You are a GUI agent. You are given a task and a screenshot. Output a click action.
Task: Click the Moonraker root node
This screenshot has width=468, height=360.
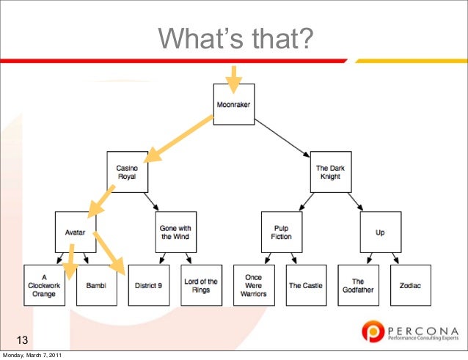coord(233,105)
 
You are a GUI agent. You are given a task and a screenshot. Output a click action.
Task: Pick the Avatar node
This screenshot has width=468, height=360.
coord(75,232)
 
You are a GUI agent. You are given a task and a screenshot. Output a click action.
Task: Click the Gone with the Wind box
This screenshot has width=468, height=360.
coord(175,232)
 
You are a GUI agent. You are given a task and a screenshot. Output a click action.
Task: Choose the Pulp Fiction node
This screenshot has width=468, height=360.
coord(281,232)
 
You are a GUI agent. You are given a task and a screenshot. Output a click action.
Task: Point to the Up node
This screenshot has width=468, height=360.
coord(380,232)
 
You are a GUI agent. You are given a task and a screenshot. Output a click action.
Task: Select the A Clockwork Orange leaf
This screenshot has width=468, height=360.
coord(44,284)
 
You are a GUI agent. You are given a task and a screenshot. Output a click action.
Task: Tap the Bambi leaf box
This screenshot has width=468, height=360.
coord(96,284)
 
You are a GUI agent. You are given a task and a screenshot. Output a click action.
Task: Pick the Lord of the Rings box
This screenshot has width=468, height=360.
coord(201,284)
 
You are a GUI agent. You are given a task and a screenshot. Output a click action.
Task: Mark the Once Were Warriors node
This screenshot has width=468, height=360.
coord(253,284)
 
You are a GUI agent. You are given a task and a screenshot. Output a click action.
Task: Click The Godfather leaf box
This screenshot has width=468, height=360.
coord(358,284)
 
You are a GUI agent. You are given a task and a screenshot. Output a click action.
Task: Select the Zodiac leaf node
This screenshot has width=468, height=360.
coord(410,284)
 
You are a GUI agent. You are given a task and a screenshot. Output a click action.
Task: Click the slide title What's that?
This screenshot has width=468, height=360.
coord(233,37)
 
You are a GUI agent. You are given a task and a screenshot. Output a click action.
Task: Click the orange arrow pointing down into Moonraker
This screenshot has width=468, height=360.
coord(233,79)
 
